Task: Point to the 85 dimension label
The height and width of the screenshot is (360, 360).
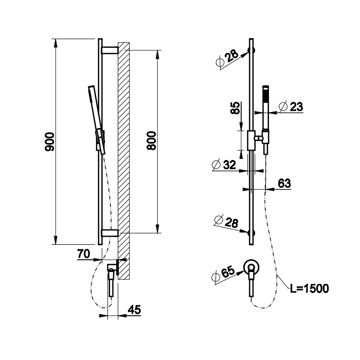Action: point(235,108)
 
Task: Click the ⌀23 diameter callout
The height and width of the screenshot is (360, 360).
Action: point(289,106)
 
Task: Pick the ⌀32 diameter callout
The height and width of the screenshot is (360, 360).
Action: point(224,165)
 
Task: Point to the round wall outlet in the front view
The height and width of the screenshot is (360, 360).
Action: point(251,266)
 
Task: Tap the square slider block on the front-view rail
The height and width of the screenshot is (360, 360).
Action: point(251,140)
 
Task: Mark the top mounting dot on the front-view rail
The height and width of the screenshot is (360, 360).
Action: point(251,50)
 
